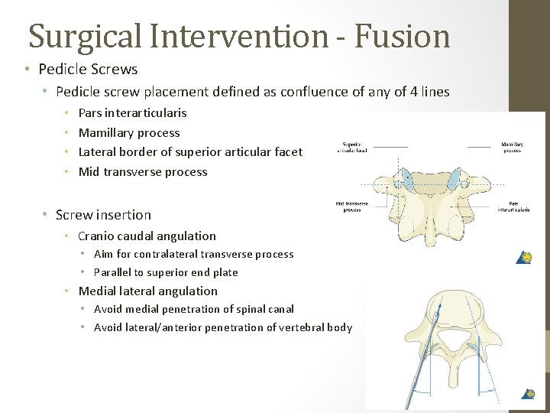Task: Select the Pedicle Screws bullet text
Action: pyautogui.click(x=88, y=70)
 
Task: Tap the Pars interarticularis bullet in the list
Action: pyautogui.click(x=132, y=112)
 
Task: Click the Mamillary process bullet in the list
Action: pyautogui.click(x=129, y=132)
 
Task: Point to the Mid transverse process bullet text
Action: pyautogui.click(x=143, y=171)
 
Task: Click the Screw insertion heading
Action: pyautogui.click(x=103, y=215)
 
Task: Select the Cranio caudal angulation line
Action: pyautogui.click(x=147, y=236)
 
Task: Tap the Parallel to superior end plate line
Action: pyautogui.click(x=166, y=272)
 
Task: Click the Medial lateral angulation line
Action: pyautogui.click(x=147, y=291)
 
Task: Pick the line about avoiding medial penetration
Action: pyautogui.click(x=193, y=309)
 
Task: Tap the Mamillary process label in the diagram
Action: pyautogui.click(x=512, y=146)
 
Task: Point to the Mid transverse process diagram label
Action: pyautogui.click(x=351, y=206)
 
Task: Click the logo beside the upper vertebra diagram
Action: pyautogui.click(x=526, y=257)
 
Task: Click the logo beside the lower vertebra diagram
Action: pyautogui.click(x=527, y=394)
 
